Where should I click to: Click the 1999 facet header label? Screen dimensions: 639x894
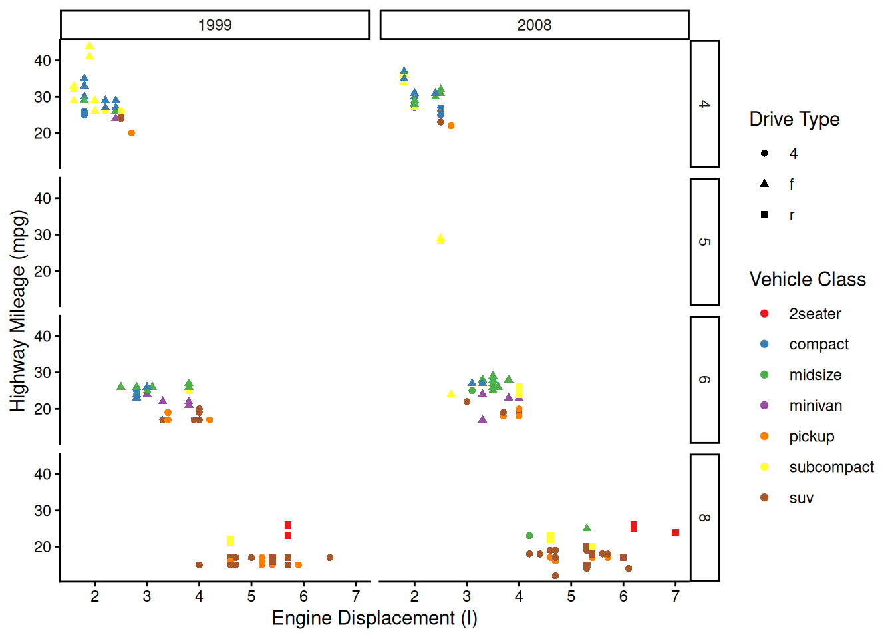215,25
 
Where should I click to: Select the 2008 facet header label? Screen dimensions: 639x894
534,25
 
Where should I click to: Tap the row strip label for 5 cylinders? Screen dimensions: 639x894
704,242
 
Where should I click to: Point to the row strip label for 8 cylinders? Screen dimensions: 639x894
704,517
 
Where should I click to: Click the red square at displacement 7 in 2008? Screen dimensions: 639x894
675,532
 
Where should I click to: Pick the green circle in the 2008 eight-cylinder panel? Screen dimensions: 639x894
529,536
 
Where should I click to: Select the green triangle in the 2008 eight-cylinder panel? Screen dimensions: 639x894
587,528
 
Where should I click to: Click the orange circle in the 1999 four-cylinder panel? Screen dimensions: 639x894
132,133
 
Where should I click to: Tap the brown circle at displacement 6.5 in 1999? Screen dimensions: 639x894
330,558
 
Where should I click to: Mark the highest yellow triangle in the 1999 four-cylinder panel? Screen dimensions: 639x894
90,46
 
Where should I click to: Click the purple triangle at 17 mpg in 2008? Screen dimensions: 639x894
482,419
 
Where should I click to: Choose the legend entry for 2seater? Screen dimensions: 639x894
815,314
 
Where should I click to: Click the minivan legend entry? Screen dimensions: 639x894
816,405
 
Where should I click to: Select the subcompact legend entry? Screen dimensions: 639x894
831,467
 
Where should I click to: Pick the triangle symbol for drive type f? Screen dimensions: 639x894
764,184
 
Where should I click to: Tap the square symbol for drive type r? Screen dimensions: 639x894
764,215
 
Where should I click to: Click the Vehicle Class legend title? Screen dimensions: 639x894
808,279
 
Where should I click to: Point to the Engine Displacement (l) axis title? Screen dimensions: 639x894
374,618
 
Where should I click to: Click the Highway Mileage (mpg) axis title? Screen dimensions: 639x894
18,311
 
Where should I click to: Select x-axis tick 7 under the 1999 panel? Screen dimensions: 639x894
356,597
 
